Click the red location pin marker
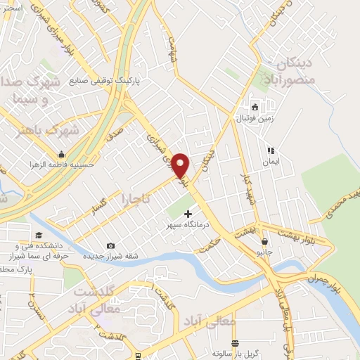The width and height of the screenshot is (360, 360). pyautogui.click(x=181, y=165)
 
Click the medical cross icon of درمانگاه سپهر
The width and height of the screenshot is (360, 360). pyautogui.click(x=188, y=213)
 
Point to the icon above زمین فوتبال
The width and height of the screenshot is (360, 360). pyautogui.click(x=255, y=108)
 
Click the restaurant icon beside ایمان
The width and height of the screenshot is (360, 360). pyautogui.click(x=270, y=150)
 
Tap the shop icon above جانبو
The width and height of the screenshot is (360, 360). pyautogui.click(x=264, y=240)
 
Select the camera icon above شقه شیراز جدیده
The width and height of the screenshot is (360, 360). pyautogui.click(x=110, y=245)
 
